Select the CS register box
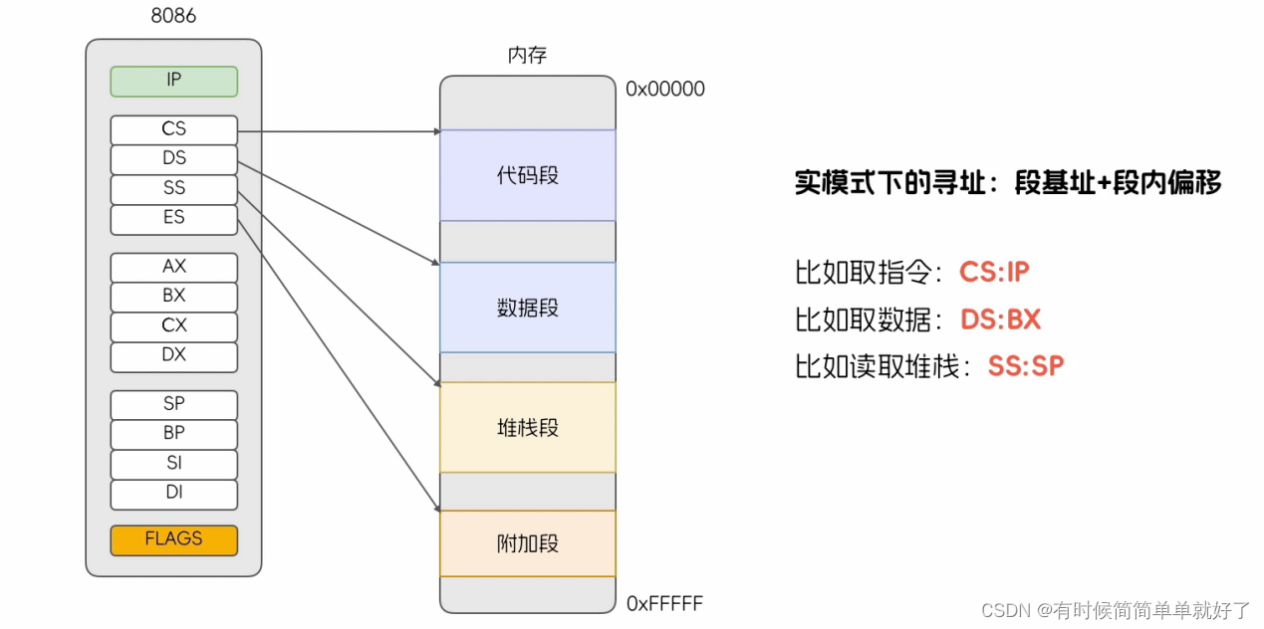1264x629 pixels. coord(173,129)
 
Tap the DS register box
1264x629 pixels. coord(173,159)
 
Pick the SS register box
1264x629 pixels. coord(173,189)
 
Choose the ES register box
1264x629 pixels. coord(173,218)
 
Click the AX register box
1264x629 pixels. coord(173,267)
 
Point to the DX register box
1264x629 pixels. coord(173,355)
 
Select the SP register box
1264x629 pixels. coord(173,404)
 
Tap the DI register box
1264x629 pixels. coord(173,493)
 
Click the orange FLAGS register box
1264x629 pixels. coord(173,539)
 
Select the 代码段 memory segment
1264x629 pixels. coord(528,176)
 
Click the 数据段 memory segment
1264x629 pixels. coord(528,308)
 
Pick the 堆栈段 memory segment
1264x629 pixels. coord(528,428)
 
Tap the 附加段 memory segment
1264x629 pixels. coord(528,543)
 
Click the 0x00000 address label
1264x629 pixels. coord(664,90)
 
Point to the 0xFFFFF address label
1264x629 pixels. coord(664,604)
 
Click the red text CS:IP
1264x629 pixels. coord(993,272)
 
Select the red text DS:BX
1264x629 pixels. coord(1000,319)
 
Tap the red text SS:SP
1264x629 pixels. coord(1026,366)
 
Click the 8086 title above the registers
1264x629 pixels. coord(173,16)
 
